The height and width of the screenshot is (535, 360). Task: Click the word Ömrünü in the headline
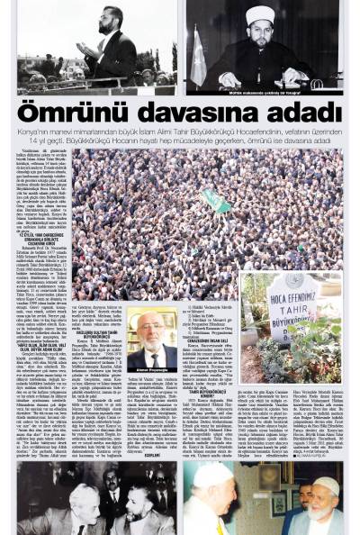tap(67, 113)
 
